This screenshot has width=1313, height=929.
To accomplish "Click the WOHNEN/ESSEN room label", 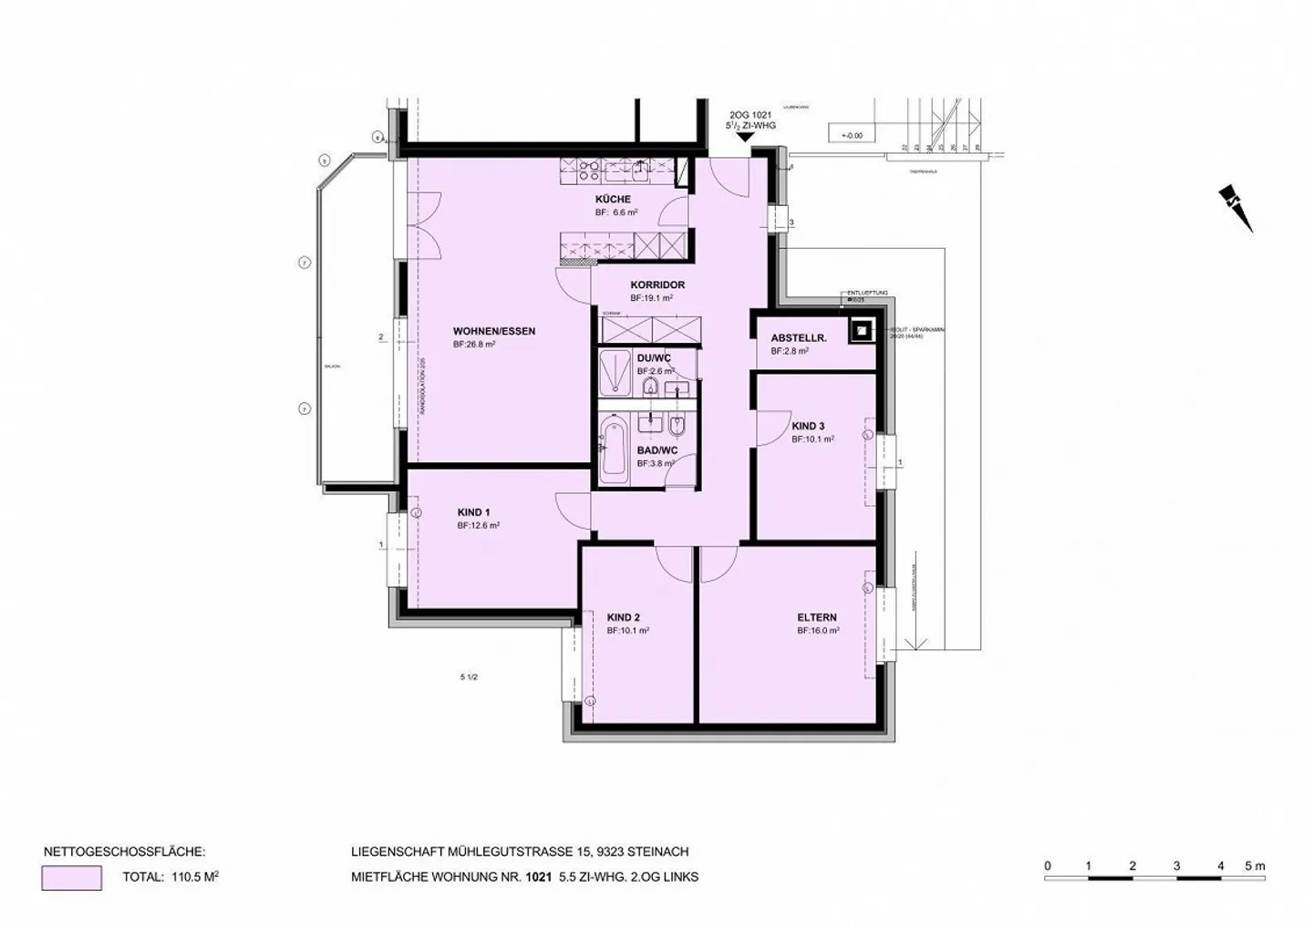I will coord(493,331).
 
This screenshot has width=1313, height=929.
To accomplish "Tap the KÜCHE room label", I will coord(613,199).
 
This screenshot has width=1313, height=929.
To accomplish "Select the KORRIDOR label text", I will coord(656,285).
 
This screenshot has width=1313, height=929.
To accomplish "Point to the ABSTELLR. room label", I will coord(798,338).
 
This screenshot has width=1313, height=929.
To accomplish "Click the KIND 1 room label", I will coord(473,512).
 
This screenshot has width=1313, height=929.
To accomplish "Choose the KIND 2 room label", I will coord(623,617).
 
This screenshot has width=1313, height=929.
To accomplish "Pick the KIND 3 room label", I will coord(808,427).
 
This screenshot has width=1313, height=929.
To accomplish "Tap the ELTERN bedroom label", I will coord(816,617).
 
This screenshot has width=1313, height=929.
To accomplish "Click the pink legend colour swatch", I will coord(71,878).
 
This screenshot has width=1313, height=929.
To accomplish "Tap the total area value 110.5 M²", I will coord(194,878).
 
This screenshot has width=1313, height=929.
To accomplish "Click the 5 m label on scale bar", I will coord(1255,866).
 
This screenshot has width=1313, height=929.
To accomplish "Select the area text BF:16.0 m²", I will coord(818,630).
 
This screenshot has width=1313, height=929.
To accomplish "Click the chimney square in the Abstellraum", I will coord(860,331).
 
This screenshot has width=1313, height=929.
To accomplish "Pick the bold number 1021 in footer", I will coord(538,878).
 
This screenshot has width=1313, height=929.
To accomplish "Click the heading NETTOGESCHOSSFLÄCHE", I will coord(124,852).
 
